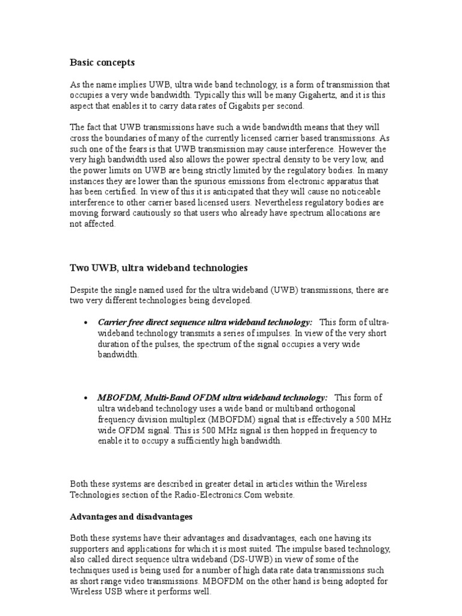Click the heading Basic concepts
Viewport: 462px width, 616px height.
click(x=102, y=62)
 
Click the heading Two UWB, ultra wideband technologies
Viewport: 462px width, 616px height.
click(x=159, y=267)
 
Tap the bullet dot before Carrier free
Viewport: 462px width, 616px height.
click(x=85, y=323)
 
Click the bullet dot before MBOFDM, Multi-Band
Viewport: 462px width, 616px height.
click(x=85, y=398)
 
